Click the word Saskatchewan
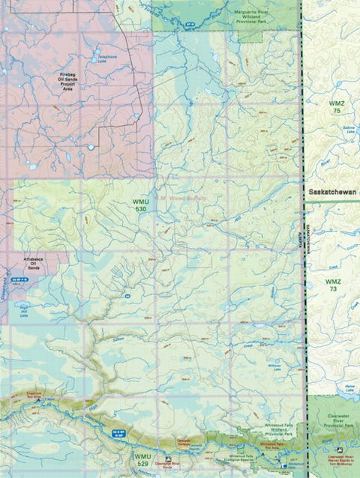coord(333,192)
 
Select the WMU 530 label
coord(140,205)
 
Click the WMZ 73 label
coord(333,285)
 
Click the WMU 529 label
coord(141,456)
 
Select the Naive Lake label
coord(348,387)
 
